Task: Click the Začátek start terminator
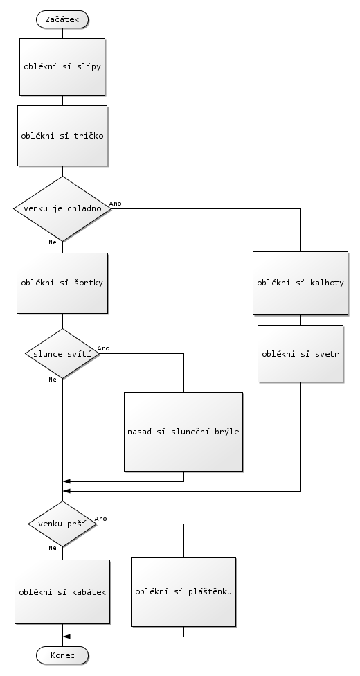(x=62, y=19)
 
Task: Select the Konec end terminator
(x=62, y=655)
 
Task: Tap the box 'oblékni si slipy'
(x=62, y=66)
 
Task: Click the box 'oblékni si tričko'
(x=62, y=136)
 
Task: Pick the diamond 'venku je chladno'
(x=62, y=208)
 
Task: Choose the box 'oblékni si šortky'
(x=62, y=283)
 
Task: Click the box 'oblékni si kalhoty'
(x=300, y=283)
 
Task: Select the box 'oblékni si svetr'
(x=300, y=353)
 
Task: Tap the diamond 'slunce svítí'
(x=62, y=353)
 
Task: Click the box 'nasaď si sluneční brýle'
(x=183, y=432)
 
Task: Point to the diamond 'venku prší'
(x=62, y=524)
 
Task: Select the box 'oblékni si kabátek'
(x=62, y=592)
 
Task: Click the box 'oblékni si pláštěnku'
(x=183, y=591)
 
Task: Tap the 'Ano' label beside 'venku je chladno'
(x=115, y=204)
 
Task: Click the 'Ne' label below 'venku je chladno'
(x=53, y=242)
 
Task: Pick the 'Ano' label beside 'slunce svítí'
(x=103, y=348)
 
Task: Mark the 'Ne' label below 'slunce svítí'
(x=53, y=380)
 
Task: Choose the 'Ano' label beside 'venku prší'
(x=101, y=519)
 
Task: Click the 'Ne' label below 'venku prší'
(x=53, y=548)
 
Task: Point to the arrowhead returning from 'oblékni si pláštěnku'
(x=66, y=637)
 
